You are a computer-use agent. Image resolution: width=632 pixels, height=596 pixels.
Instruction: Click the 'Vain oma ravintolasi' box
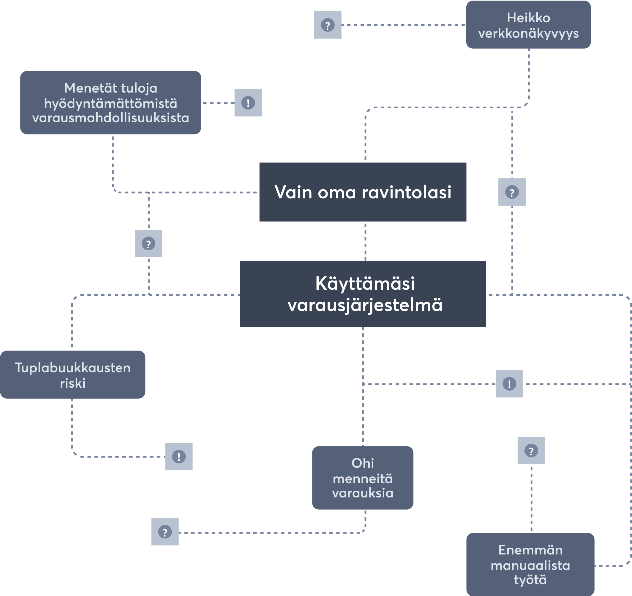pos(363,192)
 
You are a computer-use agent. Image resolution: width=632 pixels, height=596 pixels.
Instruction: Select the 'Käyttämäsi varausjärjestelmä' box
pos(363,294)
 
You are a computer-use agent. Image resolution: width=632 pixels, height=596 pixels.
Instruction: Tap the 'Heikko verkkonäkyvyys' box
pos(528,25)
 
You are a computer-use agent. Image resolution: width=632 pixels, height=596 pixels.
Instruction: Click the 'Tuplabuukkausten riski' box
pos(72,375)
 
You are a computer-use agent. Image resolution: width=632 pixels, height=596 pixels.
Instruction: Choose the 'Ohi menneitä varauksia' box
pos(363,478)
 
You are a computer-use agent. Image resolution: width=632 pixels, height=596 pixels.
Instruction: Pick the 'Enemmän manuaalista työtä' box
pos(530,564)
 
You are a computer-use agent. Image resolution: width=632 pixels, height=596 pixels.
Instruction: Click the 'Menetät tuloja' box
pos(111,103)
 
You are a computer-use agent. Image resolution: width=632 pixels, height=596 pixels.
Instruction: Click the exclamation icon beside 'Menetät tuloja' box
pos(248,103)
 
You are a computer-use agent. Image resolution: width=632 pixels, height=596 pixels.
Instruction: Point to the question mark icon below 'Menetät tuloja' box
pos(148,243)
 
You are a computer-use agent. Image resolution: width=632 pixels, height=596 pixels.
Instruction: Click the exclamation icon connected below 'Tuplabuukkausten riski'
pos(179,456)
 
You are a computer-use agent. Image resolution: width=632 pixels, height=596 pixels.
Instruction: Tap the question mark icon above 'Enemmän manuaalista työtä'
pos(531,451)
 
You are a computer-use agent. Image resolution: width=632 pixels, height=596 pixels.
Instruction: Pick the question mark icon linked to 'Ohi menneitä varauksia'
pos(165,532)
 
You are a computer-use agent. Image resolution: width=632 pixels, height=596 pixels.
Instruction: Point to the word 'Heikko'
pos(528,18)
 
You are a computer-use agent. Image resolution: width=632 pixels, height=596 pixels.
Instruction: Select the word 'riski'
pos(72,383)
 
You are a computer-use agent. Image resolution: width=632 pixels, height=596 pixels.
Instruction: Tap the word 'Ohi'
pos(363,463)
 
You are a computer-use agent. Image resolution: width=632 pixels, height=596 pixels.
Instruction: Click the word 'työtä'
pos(530,580)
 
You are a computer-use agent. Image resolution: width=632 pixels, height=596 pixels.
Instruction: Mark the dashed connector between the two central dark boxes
pos(365,241)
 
